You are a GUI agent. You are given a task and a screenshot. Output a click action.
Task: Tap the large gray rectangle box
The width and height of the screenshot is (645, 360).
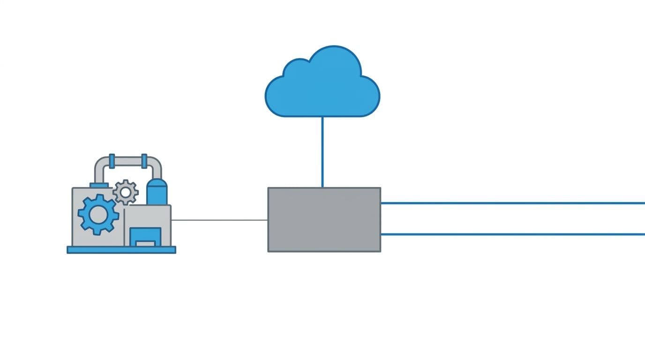(324, 219)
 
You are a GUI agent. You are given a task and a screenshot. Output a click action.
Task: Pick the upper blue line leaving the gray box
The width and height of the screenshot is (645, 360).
(511, 203)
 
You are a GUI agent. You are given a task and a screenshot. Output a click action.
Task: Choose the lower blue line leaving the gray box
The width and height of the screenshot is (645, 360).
(511, 234)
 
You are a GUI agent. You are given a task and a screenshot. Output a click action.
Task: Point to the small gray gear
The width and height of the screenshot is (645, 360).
(125, 192)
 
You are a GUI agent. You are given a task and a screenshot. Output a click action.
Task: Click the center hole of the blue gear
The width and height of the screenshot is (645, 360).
(98, 215)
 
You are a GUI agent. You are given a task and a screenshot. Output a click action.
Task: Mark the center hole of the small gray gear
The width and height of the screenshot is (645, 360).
(125, 192)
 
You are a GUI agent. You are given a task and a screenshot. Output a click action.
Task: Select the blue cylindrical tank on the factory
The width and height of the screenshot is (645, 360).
(157, 192)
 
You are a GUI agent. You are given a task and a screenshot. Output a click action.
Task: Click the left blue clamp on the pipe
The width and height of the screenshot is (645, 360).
(112, 161)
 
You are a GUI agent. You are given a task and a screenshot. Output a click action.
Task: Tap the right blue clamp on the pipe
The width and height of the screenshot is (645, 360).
(144, 161)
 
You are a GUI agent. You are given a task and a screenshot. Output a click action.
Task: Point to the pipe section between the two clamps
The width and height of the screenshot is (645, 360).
(128, 161)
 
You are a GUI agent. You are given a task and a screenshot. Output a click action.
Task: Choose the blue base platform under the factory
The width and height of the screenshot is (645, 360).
(121, 249)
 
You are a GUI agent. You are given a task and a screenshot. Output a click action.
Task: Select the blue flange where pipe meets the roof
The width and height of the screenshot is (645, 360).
(99, 185)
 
